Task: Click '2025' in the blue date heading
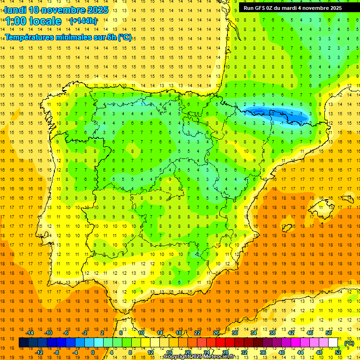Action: tap(97, 10)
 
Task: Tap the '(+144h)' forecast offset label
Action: tap(83, 21)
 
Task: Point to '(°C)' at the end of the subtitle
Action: tap(124, 37)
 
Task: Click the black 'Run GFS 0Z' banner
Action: tap(292, 8)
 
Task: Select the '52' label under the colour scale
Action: tap(338, 352)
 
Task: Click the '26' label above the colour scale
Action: tap(216, 333)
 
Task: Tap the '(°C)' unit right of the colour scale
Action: tap(349, 343)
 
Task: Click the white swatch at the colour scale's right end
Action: tap(333, 343)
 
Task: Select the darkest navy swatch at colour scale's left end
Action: tap(23, 343)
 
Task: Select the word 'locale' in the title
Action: tap(45, 21)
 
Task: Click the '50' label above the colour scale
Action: tap(328, 333)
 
